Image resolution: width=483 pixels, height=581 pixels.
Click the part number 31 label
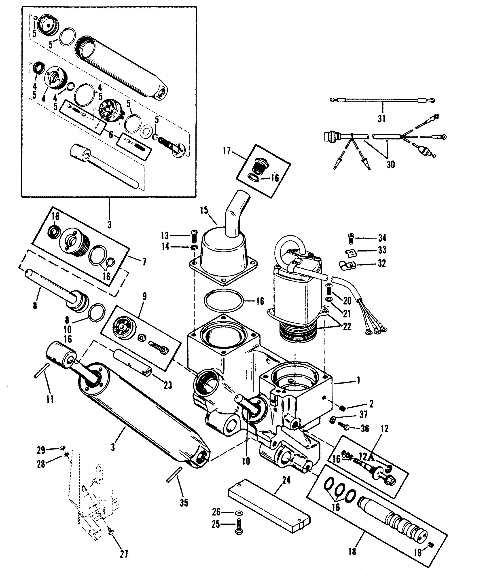coord(382,119)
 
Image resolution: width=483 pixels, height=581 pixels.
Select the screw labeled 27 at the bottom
coord(110,537)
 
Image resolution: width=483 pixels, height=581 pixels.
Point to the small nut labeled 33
coord(350,252)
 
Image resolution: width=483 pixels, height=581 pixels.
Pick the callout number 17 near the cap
coord(227,151)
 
